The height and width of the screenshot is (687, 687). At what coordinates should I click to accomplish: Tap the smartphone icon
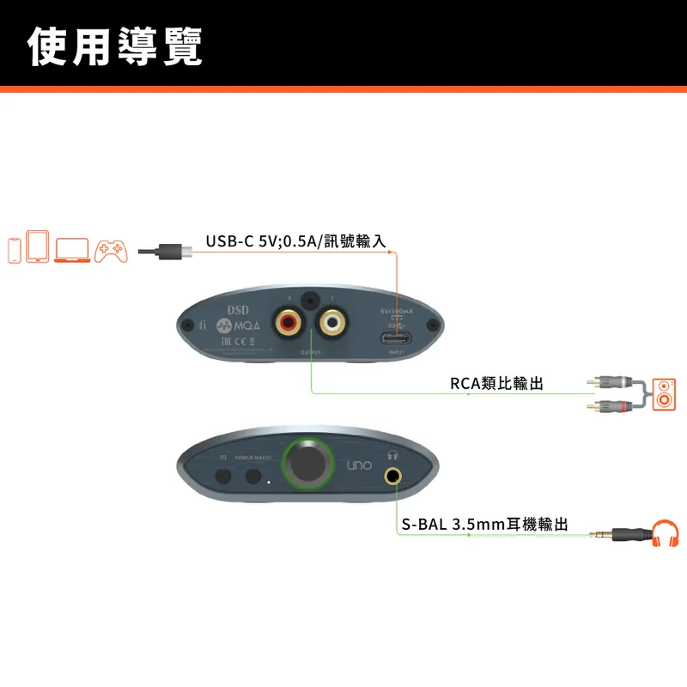[x=15, y=249]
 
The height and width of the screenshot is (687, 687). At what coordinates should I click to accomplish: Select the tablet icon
[x=38, y=246]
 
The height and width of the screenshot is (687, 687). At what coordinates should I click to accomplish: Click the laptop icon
[x=72, y=250]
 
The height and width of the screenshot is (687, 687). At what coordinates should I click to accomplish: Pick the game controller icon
[x=111, y=250]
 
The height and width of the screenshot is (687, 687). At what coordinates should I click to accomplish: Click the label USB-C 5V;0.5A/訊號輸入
[x=295, y=241]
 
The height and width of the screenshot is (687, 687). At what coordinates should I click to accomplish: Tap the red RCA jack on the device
[x=288, y=323]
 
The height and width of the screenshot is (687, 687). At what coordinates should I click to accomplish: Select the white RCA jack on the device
[x=331, y=323]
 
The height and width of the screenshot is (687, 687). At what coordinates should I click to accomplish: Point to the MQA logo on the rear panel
[x=236, y=327]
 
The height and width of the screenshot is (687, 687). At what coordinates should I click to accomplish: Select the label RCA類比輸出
[x=496, y=383]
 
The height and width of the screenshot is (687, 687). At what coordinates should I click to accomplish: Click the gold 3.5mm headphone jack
[x=394, y=475]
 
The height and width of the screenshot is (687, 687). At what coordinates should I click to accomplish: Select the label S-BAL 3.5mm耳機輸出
[x=484, y=524]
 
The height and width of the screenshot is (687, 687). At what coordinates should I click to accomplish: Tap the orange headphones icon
[x=666, y=533]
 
